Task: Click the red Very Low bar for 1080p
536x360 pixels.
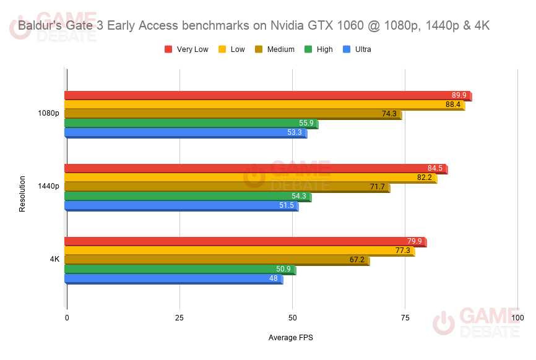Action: coord(266,95)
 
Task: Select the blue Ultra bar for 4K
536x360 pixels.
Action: coord(173,279)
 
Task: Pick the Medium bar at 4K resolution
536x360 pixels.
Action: coord(217,260)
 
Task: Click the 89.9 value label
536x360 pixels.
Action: coord(459,95)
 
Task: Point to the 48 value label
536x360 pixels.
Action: coord(273,279)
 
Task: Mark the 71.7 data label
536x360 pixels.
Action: coord(377,187)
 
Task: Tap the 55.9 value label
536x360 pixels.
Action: coord(306,123)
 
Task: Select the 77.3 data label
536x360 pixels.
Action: coord(402,251)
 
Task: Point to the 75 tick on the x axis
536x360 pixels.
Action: coord(405,318)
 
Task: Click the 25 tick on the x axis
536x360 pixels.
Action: coord(179,318)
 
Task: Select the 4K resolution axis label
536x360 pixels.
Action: coord(54,259)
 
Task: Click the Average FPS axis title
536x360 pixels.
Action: coord(291,338)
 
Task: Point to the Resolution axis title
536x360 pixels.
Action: coord(22,194)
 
